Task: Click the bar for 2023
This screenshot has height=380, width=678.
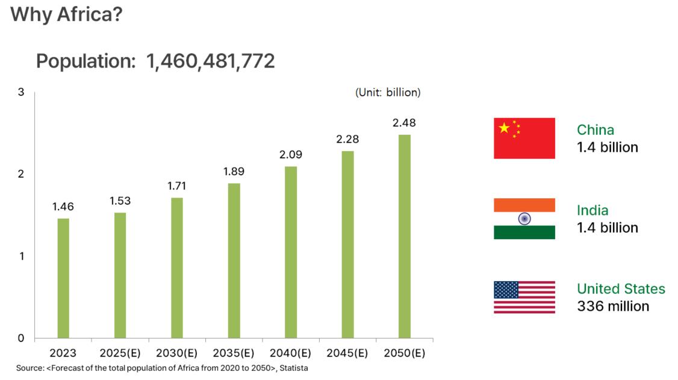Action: [63, 278]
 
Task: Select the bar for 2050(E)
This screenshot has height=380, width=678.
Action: [404, 236]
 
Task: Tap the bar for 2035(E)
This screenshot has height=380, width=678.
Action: [234, 260]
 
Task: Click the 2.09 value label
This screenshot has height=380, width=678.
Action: [291, 155]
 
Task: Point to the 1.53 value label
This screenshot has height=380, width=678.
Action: [120, 201]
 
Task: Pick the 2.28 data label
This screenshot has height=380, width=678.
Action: [347, 139]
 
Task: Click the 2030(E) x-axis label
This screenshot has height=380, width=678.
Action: [177, 353]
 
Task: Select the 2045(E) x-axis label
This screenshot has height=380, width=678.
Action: [347, 353]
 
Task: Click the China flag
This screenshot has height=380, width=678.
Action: [524, 138]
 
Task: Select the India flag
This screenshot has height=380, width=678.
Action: [524, 219]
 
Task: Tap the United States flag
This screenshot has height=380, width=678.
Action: [524, 297]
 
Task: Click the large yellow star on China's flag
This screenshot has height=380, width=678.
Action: [505, 128]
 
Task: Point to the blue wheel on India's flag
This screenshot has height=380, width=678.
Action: [524, 219]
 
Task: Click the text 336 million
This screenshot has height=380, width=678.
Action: [613, 306]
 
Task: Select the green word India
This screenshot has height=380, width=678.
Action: [592, 210]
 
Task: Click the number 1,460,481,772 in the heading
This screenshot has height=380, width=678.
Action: [210, 61]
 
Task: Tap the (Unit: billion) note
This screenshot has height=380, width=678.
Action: [388, 93]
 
